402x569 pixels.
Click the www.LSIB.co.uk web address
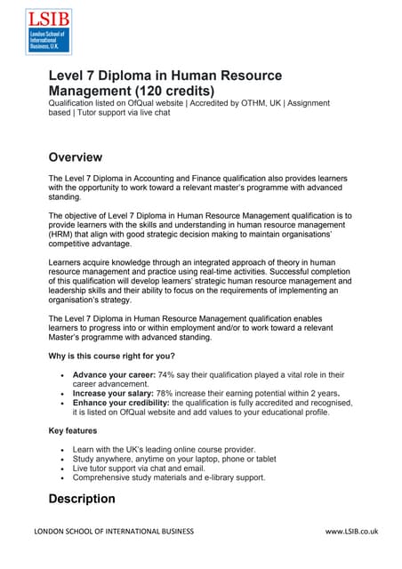coord(352,532)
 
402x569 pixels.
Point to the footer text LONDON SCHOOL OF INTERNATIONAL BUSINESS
coord(113,532)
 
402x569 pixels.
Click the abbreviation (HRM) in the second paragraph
coord(65,235)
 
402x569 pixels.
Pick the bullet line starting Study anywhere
coord(168,459)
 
